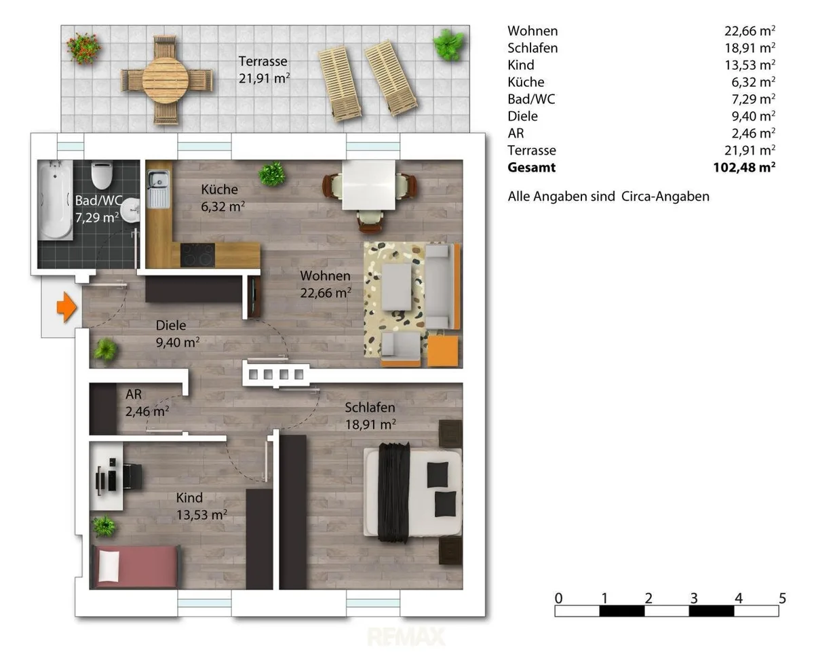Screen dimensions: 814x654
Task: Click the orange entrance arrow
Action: coord(67,307)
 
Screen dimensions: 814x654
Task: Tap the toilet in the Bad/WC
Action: coord(101,175)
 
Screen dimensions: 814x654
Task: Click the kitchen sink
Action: coord(159,189)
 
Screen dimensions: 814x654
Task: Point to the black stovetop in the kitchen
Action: coord(197,255)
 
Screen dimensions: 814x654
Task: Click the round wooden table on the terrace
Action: coord(166,81)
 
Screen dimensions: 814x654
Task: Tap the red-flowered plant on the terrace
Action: coord(83,48)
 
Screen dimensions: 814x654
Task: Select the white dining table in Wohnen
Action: coord(369,185)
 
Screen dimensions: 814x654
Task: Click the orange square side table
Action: coord(442,351)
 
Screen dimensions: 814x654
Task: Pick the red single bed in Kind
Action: coord(135,566)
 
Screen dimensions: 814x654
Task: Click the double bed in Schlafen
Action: coord(412,493)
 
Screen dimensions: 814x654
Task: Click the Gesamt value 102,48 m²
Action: coord(744,167)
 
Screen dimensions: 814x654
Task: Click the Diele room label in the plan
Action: coord(171,325)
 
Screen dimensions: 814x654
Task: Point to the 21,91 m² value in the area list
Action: coord(750,150)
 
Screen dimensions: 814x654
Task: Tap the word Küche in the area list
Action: coord(526,82)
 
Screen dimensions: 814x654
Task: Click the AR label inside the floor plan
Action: coord(134,394)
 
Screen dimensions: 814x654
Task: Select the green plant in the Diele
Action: coord(106,349)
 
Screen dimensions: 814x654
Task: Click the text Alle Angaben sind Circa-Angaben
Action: coord(608,197)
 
